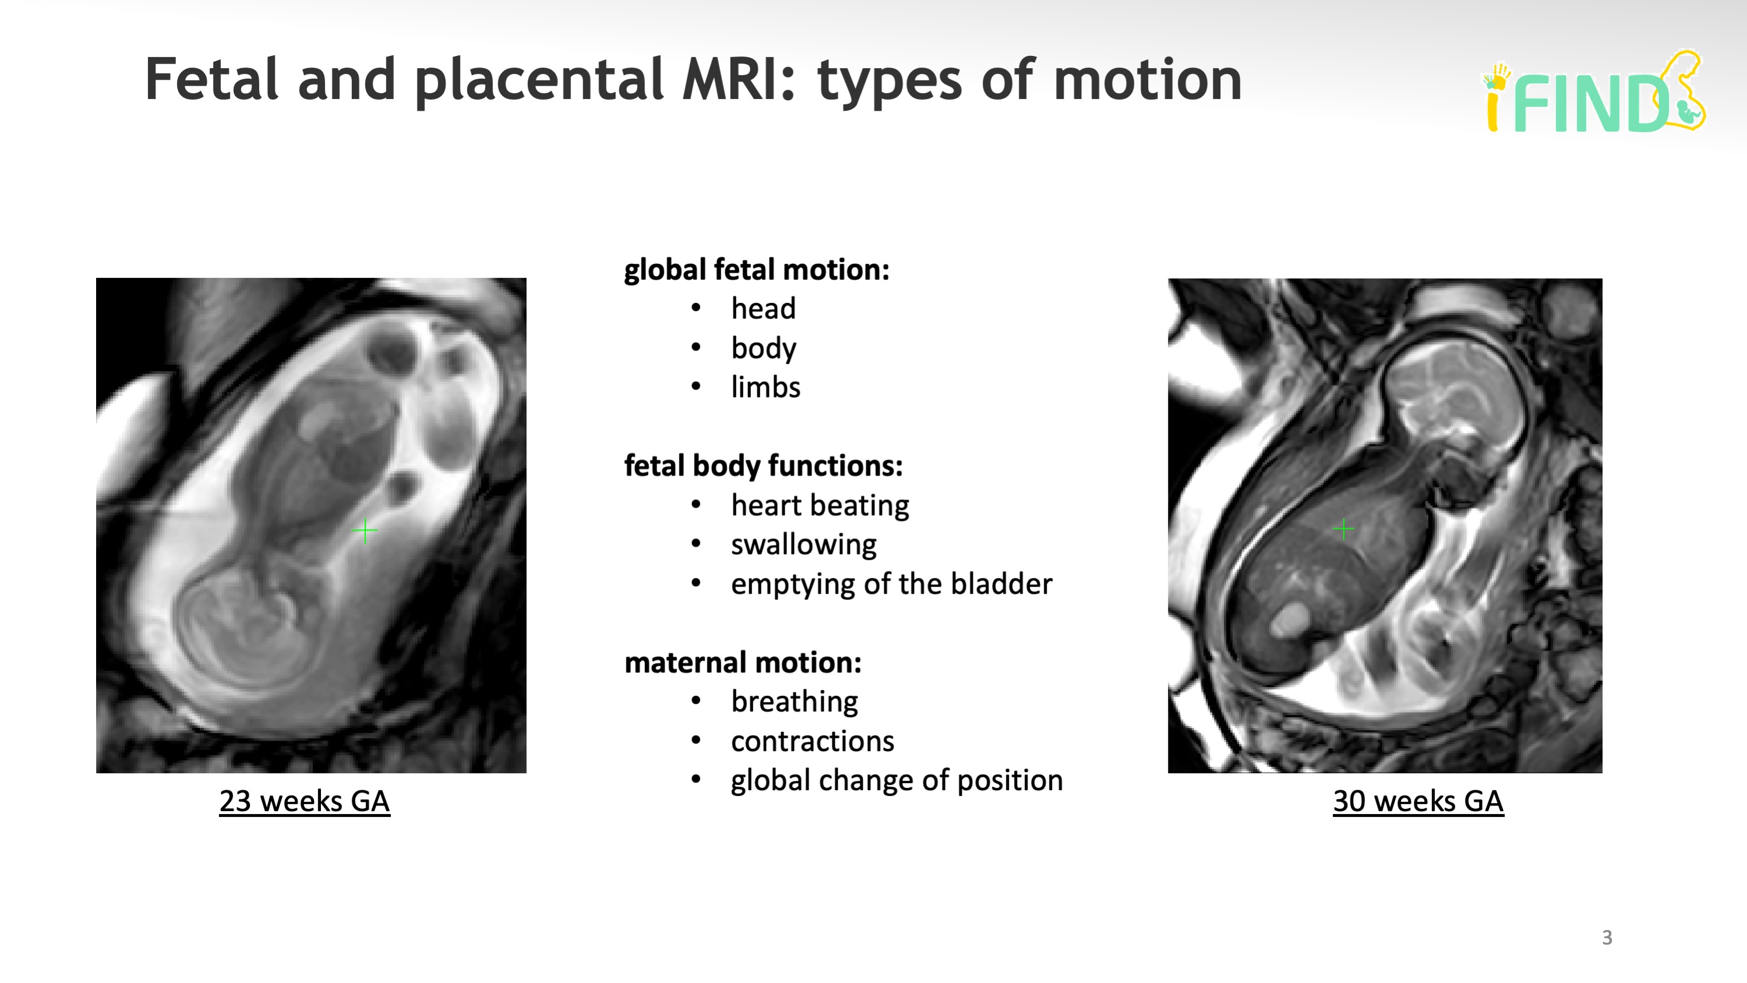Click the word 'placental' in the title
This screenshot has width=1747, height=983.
542,80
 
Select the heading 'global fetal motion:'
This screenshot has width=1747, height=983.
756,270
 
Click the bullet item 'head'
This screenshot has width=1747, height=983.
763,309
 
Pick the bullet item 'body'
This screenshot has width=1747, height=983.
763,348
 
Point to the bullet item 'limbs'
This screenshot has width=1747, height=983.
765,387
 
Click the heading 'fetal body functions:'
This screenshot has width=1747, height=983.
763,466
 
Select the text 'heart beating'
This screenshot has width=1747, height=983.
819,505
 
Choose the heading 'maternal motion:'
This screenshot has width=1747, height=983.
743,663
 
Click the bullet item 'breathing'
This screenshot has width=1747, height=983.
794,702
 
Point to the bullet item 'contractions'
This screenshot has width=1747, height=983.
812,742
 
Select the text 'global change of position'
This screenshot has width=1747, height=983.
896,780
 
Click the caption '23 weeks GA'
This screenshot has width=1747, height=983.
305,801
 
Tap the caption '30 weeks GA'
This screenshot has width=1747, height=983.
1418,801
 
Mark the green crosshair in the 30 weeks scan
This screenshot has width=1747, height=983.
1343,529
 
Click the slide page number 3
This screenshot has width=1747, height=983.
1607,938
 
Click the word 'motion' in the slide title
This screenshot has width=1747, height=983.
1147,80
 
